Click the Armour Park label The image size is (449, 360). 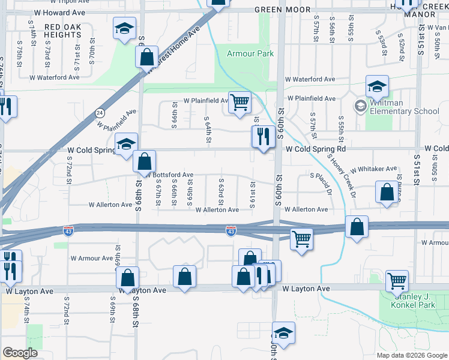point(250,53)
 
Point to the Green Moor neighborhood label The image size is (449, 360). point(282,10)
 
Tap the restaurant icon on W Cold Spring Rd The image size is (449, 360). point(262,136)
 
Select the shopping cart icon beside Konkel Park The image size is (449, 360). point(397,280)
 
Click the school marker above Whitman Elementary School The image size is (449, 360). point(377,86)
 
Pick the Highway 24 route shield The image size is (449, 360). point(100,112)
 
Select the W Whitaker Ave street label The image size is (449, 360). point(374,169)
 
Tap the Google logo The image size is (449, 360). point(19,353)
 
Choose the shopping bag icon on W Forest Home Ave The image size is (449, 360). point(146,57)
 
